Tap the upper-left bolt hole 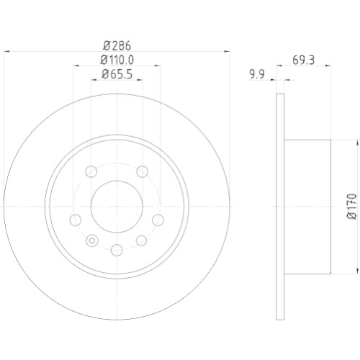(x=91, y=171)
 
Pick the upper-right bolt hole (x=142, y=171)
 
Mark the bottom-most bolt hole (x=117, y=249)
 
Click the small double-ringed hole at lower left (x=91, y=240)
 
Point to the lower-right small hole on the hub (x=142, y=240)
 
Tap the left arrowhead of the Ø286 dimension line (x=8, y=51)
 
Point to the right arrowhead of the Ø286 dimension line (x=225, y=51)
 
